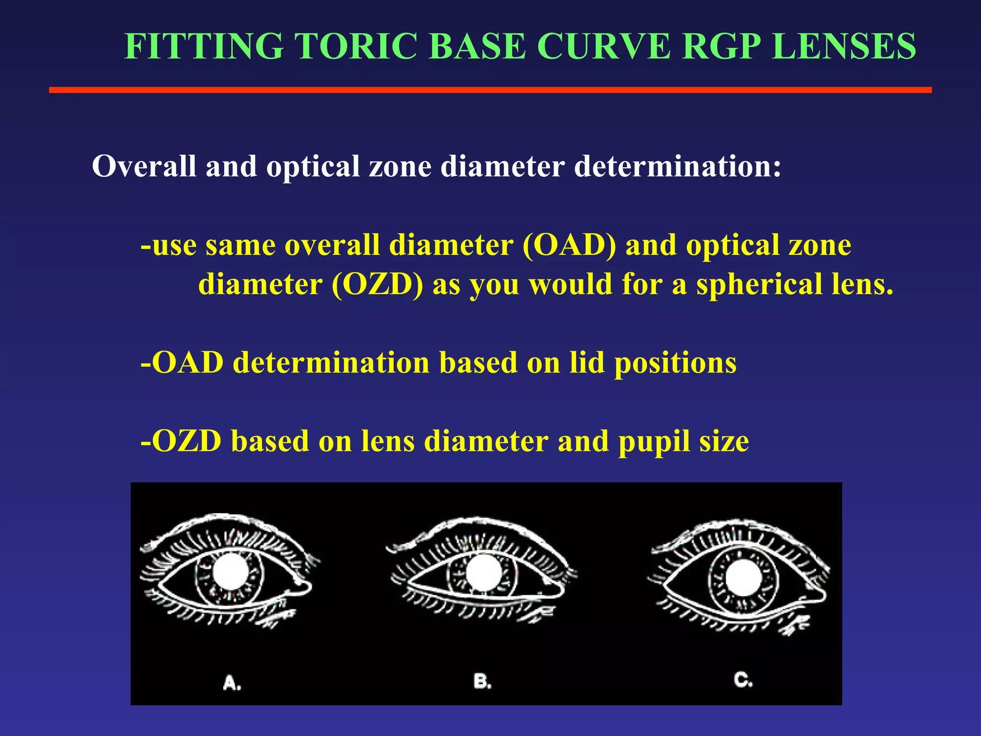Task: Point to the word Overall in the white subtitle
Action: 144,166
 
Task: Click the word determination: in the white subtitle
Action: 678,166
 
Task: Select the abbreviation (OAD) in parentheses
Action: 569,245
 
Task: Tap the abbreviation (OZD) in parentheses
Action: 377,285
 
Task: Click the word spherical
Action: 759,285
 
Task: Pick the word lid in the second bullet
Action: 587,362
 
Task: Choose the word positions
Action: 675,363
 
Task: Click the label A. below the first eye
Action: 232,682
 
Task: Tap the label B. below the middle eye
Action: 482,681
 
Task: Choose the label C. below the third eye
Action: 743,679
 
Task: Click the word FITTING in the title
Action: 204,46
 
